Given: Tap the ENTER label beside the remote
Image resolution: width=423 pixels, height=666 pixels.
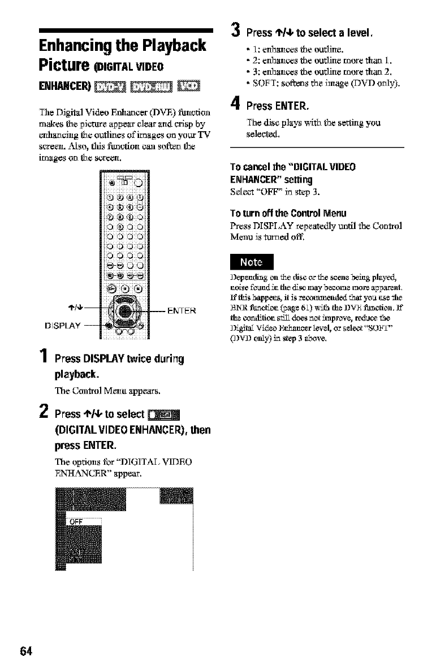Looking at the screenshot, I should tap(181, 309).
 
